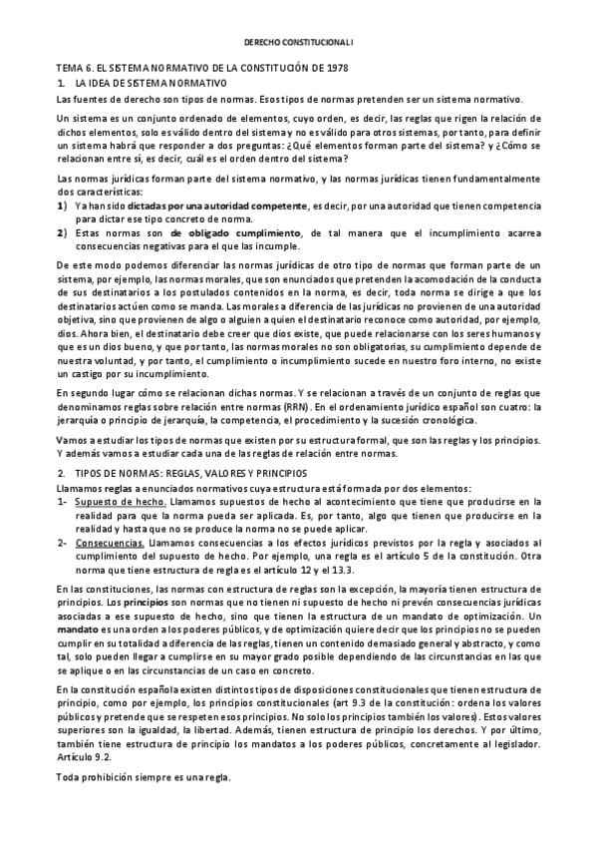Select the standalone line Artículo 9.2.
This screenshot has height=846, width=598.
coord(87,758)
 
